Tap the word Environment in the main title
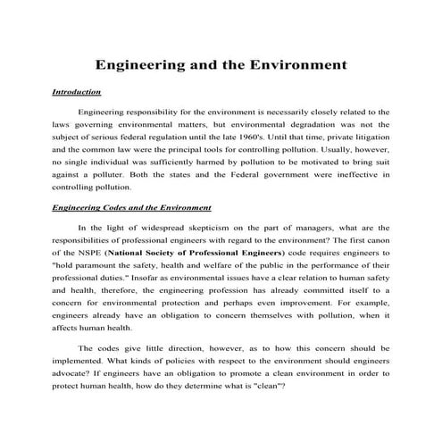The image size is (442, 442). pos(296,65)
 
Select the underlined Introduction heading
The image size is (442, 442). pos(76,92)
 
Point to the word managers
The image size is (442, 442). pos(298,227)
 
